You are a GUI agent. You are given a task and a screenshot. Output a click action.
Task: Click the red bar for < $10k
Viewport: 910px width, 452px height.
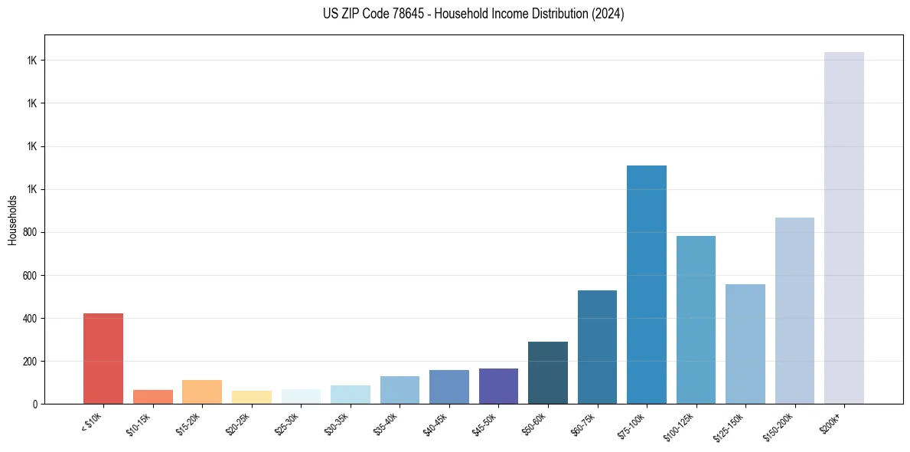[x=103, y=359]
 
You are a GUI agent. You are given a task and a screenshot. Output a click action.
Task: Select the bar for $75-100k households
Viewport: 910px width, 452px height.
[x=647, y=285]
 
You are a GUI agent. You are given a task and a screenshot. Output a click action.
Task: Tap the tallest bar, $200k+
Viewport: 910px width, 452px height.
[x=844, y=228]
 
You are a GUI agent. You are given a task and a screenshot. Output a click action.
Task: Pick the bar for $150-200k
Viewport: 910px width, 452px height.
[x=794, y=311]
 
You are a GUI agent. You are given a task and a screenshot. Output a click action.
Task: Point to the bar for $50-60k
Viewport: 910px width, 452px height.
[x=548, y=373]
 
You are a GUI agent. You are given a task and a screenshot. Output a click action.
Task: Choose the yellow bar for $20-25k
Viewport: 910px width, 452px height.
[x=252, y=397]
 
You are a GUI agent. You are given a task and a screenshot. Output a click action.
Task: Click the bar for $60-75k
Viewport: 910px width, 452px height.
[x=597, y=347]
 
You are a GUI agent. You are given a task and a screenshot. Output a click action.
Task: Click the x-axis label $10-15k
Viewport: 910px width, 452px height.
[x=140, y=424]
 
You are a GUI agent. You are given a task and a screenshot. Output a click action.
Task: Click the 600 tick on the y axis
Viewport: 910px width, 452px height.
[x=31, y=275]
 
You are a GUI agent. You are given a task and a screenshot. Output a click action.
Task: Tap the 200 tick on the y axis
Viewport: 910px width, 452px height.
[x=31, y=361]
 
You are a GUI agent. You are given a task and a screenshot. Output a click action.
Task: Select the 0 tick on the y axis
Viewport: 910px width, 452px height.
[x=35, y=404]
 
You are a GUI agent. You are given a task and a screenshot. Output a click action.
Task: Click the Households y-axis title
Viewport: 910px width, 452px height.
[x=12, y=220]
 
